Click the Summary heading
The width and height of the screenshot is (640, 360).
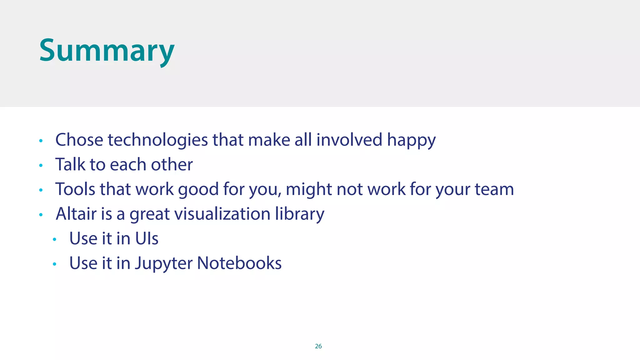(107, 51)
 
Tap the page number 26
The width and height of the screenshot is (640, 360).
(318, 346)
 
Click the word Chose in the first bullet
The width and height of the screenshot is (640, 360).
(79, 140)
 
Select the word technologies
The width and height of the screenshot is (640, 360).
(158, 140)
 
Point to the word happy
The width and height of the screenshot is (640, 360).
(411, 140)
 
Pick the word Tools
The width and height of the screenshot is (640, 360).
(75, 189)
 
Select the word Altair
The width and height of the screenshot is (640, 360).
(76, 214)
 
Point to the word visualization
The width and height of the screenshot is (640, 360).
(222, 214)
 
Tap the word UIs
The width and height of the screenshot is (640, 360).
(147, 238)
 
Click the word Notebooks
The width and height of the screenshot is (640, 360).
(239, 263)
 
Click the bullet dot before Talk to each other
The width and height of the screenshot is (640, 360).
(41, 165)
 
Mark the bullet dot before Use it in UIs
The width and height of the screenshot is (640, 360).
(54, 240)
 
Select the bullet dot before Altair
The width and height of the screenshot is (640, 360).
(41, 215)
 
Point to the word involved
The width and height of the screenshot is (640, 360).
(349, 140)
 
